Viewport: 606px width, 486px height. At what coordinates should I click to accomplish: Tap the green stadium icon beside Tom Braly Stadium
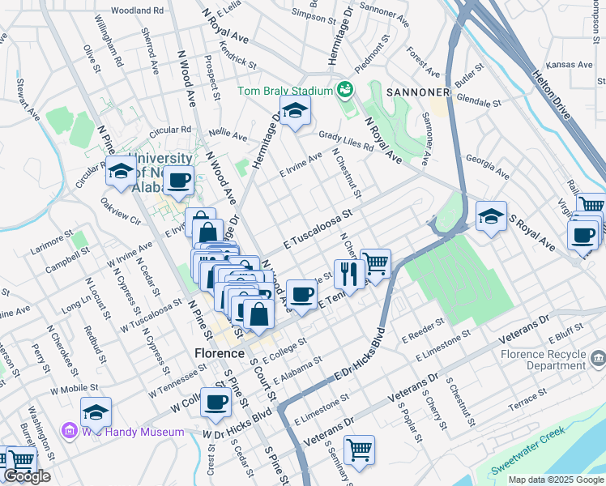pyautogui.click(x=346, y=88)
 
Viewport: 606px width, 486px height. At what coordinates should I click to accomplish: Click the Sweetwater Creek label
pyautogui.click(x=528, y=463)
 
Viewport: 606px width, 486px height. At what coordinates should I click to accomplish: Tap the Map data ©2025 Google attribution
pyautogui.click(x=555, y=480)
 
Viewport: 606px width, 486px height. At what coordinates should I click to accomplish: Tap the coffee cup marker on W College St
pyautogui.click(x=215, y=402)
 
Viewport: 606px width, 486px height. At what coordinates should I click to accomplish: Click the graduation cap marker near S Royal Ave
pyautogui.click(x=490, y=215)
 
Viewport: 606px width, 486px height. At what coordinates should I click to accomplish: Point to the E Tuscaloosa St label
pyautogui.click(x=319, y=229)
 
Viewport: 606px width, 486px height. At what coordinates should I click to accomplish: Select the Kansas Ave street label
pyautogui.click(x=570, y=64)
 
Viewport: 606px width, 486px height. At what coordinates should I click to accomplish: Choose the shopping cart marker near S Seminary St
pyautogui.click(x=359, y=449)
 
